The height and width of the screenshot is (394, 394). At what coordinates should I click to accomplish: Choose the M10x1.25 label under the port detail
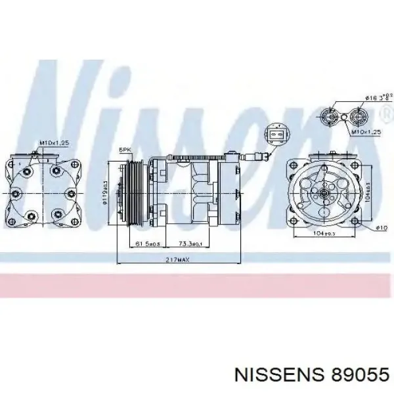click(x=364, y=131)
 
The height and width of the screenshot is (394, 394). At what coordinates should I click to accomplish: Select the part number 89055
click(x=355, y=374)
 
